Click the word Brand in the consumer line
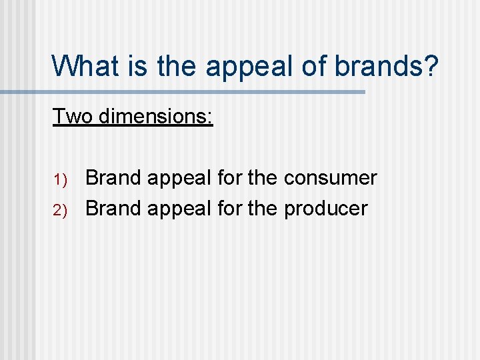point(113,178)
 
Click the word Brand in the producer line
point(113,209)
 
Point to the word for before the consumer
point(230,178)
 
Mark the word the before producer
point(263,209)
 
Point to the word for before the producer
point(230,209)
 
